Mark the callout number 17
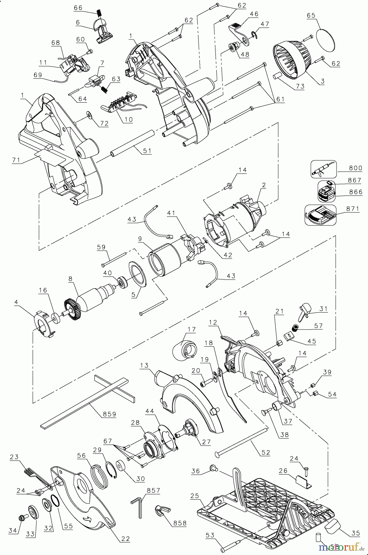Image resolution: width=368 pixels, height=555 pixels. click(191, 329)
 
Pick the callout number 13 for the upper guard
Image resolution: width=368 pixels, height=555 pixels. click(144, 366)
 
